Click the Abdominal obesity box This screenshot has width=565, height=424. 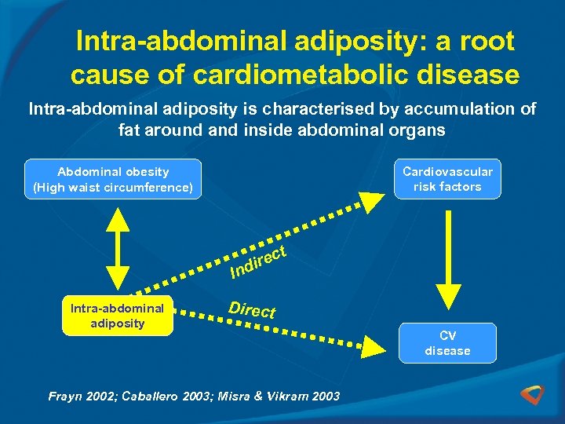click(113, 179)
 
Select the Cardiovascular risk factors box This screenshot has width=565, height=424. click(447, 179)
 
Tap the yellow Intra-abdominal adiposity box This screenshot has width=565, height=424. click(118, 316)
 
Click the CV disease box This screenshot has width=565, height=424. click(447, 343)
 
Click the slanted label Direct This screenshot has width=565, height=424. click(252, 309)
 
